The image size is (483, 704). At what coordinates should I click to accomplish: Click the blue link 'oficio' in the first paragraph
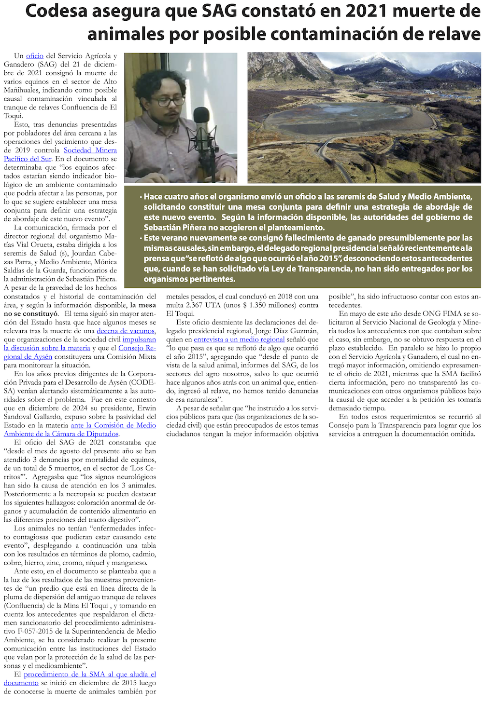tap(35, 56)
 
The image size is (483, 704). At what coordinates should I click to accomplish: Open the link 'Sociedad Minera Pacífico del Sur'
tap(90, 150)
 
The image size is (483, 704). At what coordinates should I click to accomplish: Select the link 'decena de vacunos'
tap(126, 331)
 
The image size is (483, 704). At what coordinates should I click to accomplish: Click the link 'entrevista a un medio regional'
tap(239, 339)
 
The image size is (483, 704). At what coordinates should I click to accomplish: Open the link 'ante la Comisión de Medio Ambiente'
tap(113, 425)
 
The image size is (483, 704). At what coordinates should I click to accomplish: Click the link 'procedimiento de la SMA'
tap(89, 675)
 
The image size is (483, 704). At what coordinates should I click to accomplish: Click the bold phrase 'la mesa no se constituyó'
tap(143, 305)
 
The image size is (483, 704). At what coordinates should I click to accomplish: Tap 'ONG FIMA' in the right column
tap(440, 314)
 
